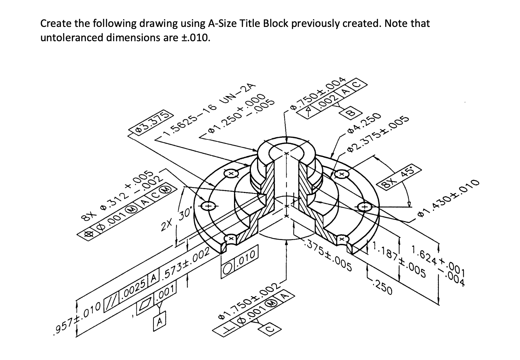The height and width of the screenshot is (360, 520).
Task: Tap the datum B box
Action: (350, 113)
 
